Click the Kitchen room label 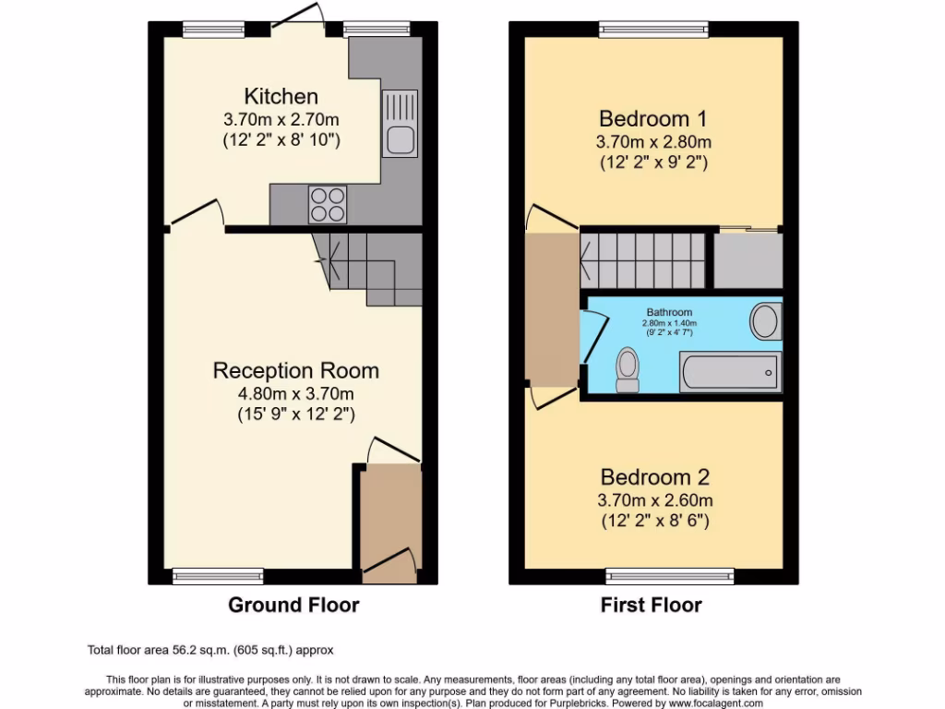(x=281, y=96)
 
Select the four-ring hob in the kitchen (x=327, y=204)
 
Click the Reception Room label (x=295, y=370)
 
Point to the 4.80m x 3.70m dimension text (x=295, y=394)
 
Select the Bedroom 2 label (x=654, y=477)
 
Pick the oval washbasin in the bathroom (x=764, y=321)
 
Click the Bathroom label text (x=669, y=313)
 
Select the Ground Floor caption (x=293, y=606)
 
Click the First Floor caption (x=651, y=606)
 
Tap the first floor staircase (x=642, y=259)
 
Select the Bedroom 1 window (x=653, y=29)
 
